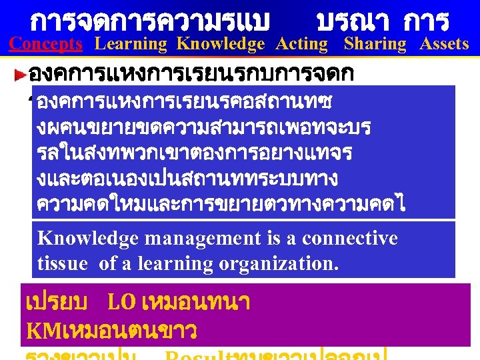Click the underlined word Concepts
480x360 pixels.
tap(45, 44)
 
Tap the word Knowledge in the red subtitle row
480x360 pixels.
tap(221, 44)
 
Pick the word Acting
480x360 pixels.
tap(301, 44)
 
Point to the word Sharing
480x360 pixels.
tap(375, 44)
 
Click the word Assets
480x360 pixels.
tap(444, 44)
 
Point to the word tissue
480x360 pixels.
tap(62, 263)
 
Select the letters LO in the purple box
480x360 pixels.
tap(121, 303)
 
